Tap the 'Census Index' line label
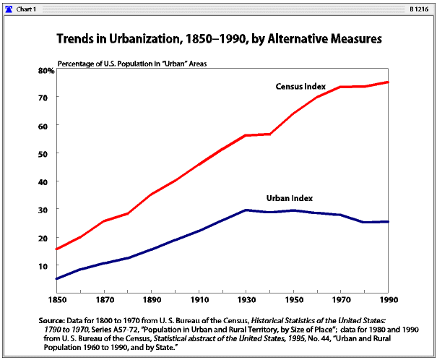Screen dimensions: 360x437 (299, 87)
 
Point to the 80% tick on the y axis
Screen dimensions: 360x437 (46, 70)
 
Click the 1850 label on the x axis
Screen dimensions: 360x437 (56, 299)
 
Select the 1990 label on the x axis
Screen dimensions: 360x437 (389, 299)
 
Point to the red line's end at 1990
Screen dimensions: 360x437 (389, 82)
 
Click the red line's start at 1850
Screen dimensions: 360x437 (56, 249)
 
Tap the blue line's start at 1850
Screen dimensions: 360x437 (56, 278)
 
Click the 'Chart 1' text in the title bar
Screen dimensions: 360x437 (28, 7)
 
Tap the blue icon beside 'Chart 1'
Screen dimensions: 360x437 (9, 7)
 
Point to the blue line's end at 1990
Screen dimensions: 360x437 (389, 221)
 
